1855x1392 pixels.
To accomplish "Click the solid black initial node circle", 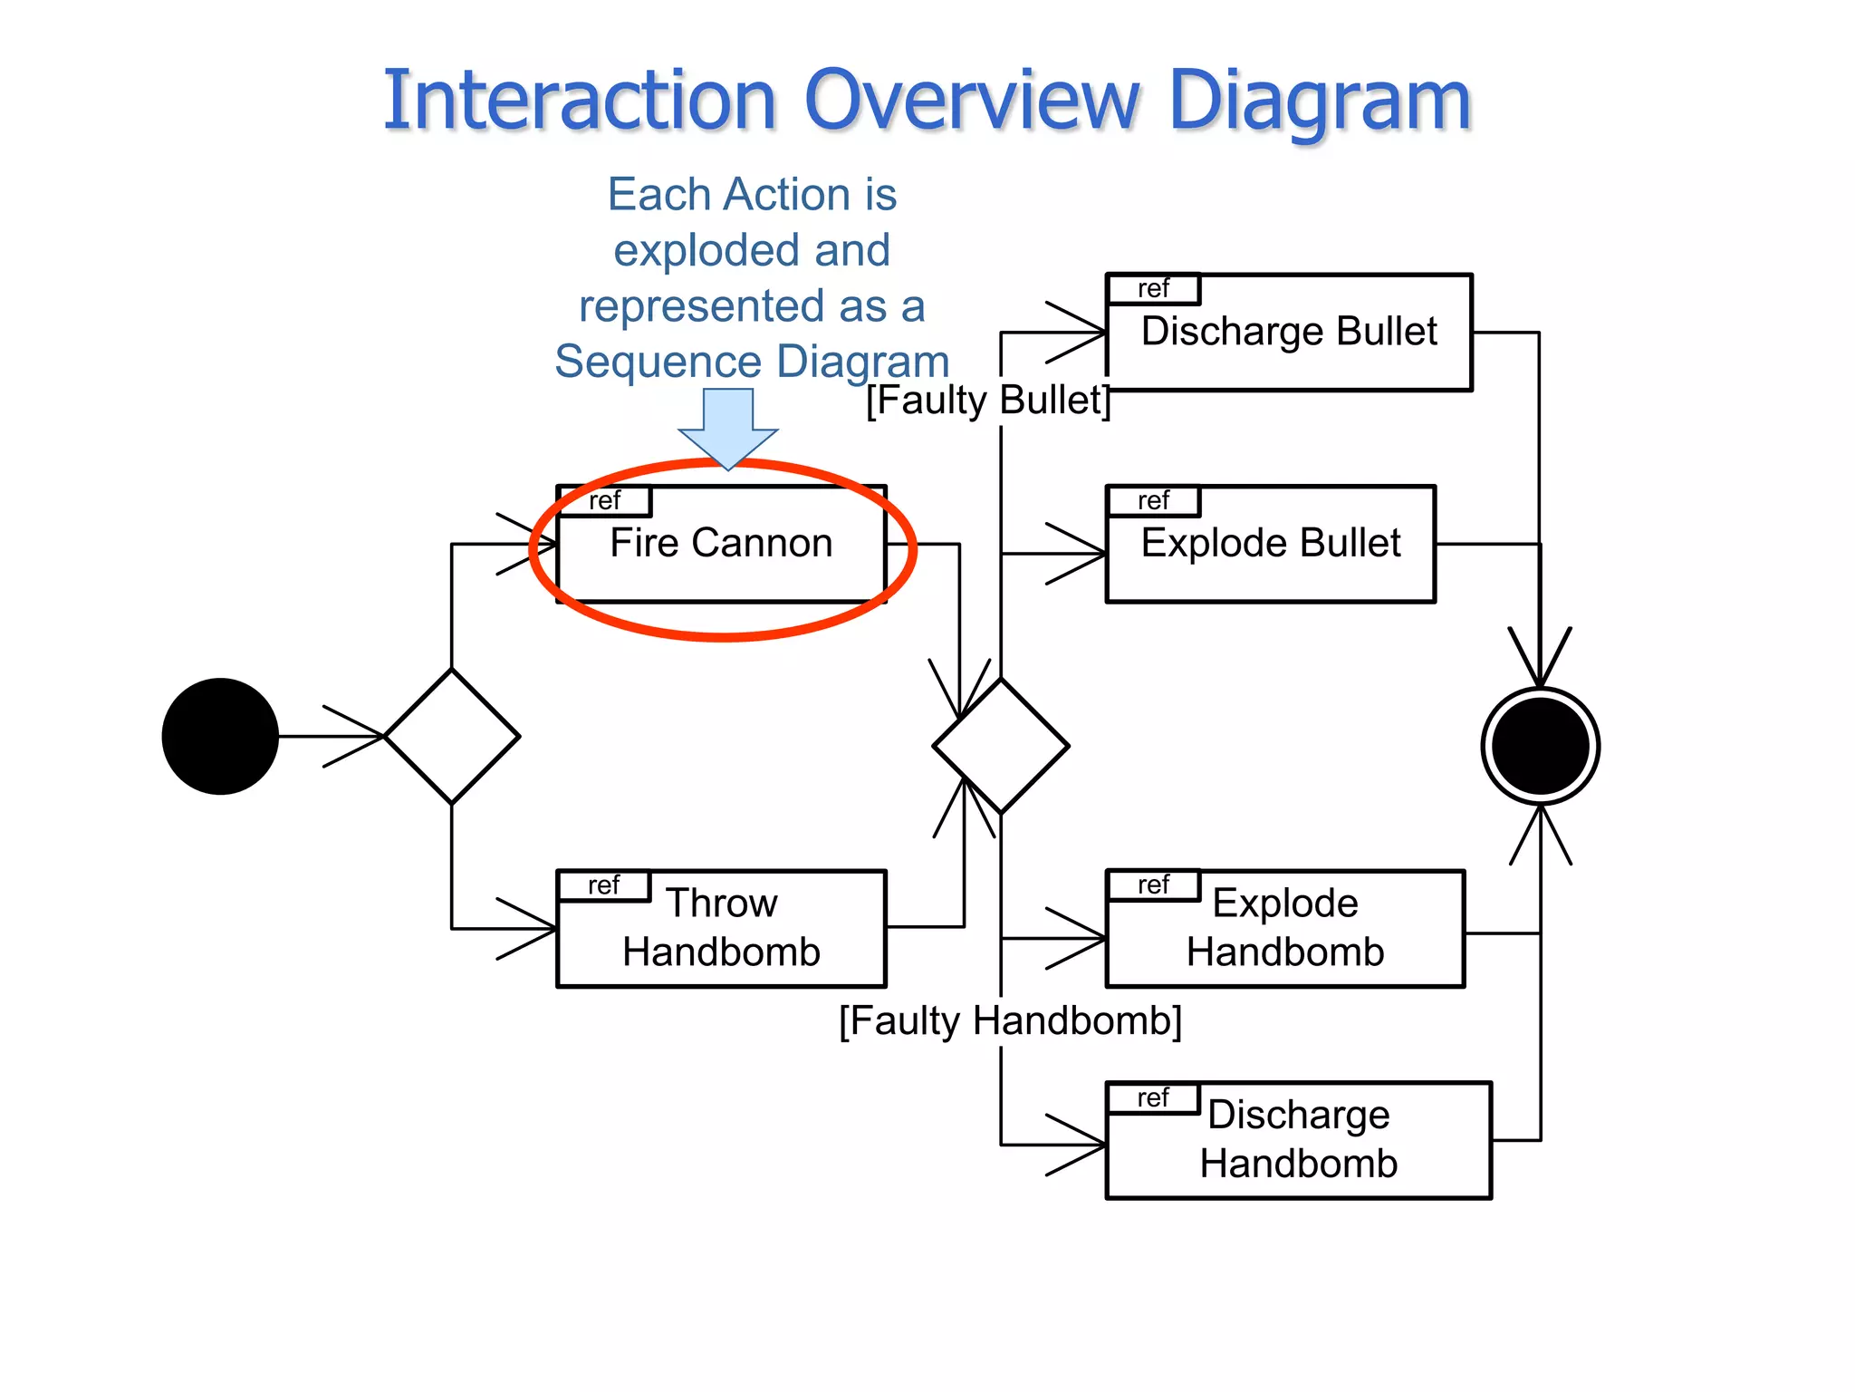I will (220, 736).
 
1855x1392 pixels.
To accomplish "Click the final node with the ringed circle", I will (1540, 746).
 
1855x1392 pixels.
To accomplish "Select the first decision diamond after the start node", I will (452, 736).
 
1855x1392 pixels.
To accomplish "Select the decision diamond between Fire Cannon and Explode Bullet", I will (1001, 746).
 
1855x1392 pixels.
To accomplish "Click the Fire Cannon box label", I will (721, 543).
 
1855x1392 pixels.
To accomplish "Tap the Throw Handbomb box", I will (721, 928).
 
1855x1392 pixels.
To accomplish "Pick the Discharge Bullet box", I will (1289, 332).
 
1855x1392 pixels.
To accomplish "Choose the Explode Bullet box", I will (1271, 544).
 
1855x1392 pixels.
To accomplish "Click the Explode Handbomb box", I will (1284, 928).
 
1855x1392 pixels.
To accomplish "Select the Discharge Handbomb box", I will (1298, 1140).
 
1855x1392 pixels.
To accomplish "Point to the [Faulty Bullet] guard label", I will (987, 400).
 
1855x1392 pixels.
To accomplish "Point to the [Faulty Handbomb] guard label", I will (1010, 1020).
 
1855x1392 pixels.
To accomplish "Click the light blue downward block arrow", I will (728, 427).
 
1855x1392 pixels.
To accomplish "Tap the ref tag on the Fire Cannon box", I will (604, 500).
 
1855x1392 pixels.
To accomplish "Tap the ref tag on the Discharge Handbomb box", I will (1153, 1097).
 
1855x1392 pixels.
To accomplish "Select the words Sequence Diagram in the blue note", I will (752, 362).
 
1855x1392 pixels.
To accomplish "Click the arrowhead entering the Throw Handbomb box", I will (534, 928).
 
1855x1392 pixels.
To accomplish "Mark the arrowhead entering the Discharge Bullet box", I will (1083, 332).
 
